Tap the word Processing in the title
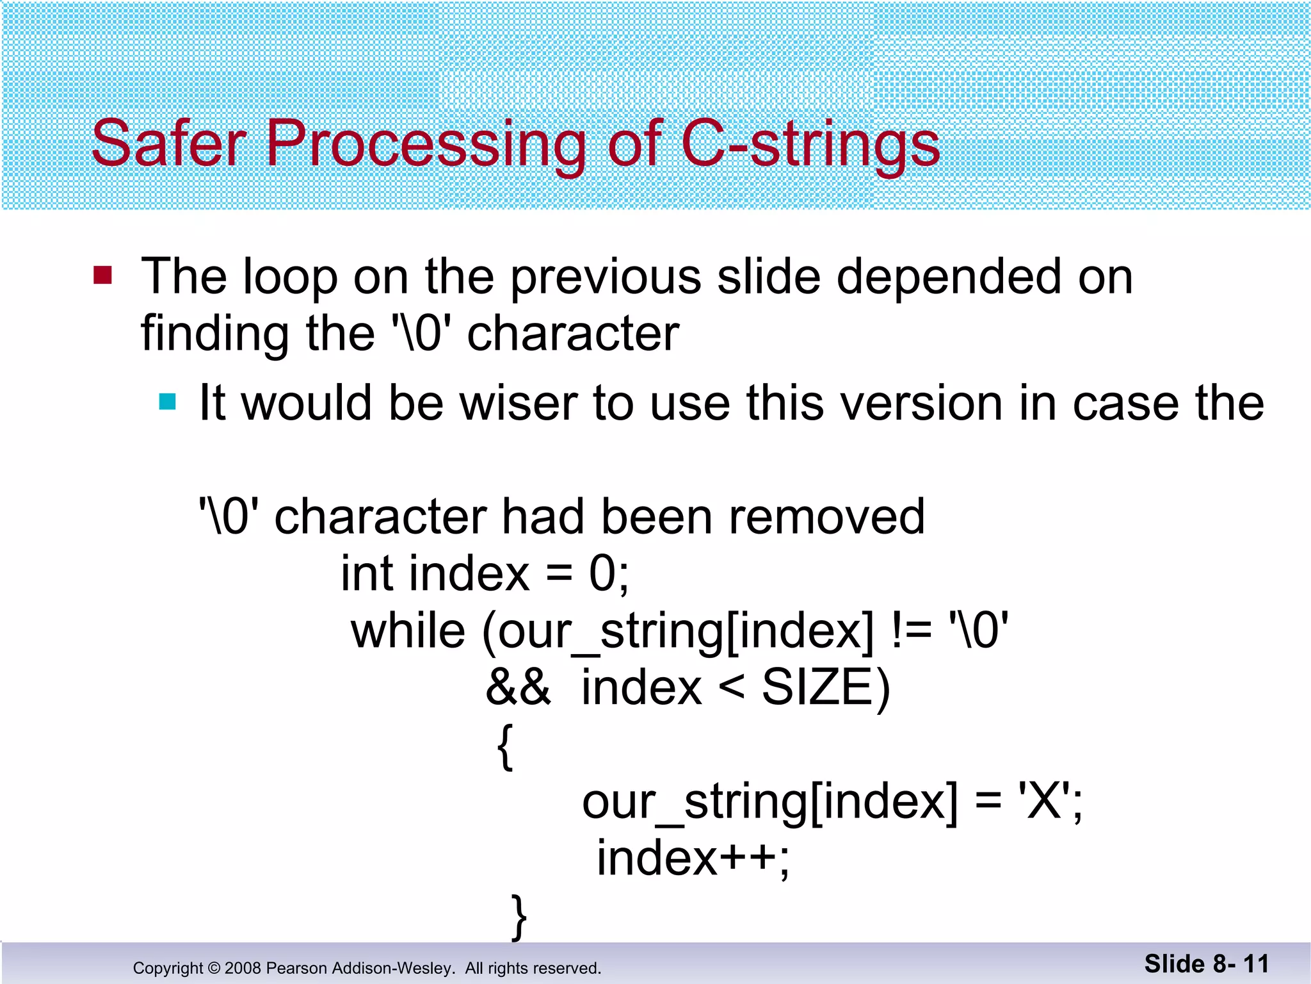(426, 145)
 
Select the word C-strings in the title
(810, 145)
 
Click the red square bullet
(102, 275)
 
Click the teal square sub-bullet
(167, 402)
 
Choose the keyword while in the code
(408, 630)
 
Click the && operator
(518, 687)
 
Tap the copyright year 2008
(243, 968)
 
